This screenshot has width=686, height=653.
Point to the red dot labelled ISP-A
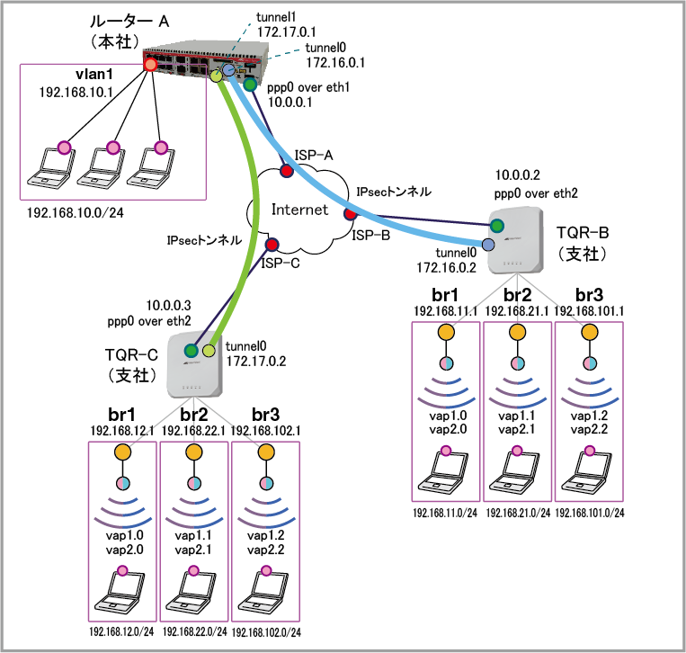(286, 171)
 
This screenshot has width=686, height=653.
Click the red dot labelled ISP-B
(350, 214)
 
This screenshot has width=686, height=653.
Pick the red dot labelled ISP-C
(271, 244)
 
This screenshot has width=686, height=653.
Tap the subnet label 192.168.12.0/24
(123, 632)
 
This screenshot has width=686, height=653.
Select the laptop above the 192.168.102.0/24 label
(265, 589)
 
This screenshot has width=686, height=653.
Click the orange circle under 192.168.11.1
(446, 331)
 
